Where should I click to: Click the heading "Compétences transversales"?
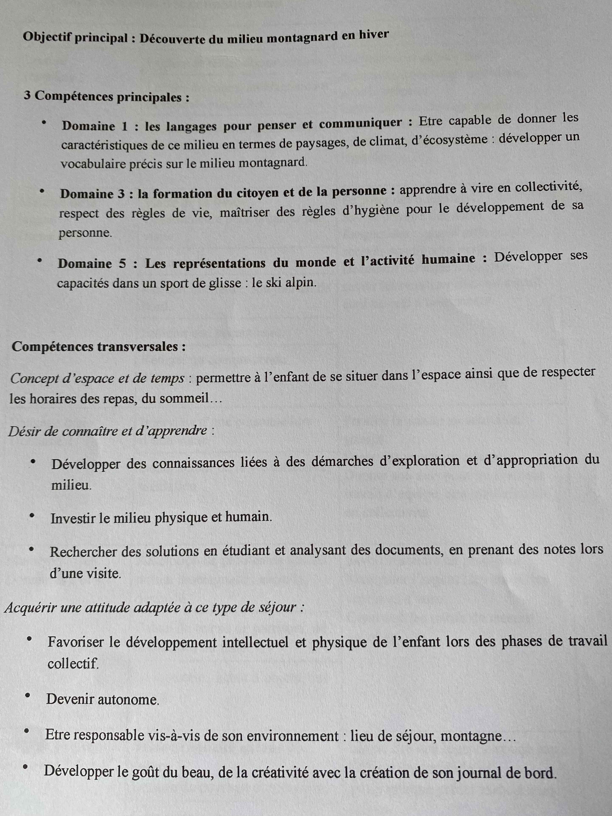99,347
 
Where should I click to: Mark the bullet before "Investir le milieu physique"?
32,516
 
